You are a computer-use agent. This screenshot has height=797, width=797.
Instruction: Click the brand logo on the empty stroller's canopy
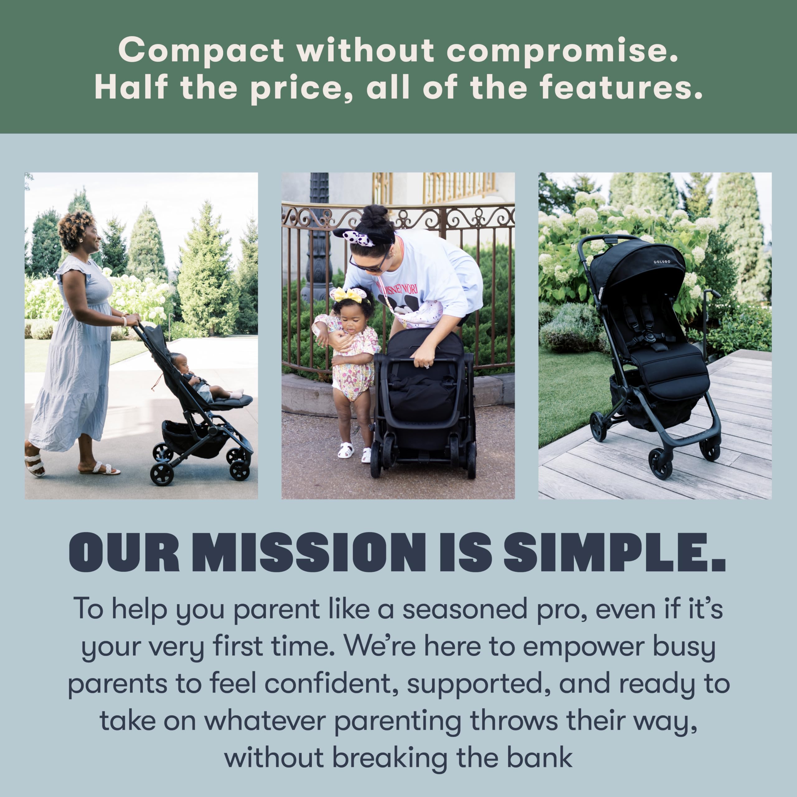point(662,262)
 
